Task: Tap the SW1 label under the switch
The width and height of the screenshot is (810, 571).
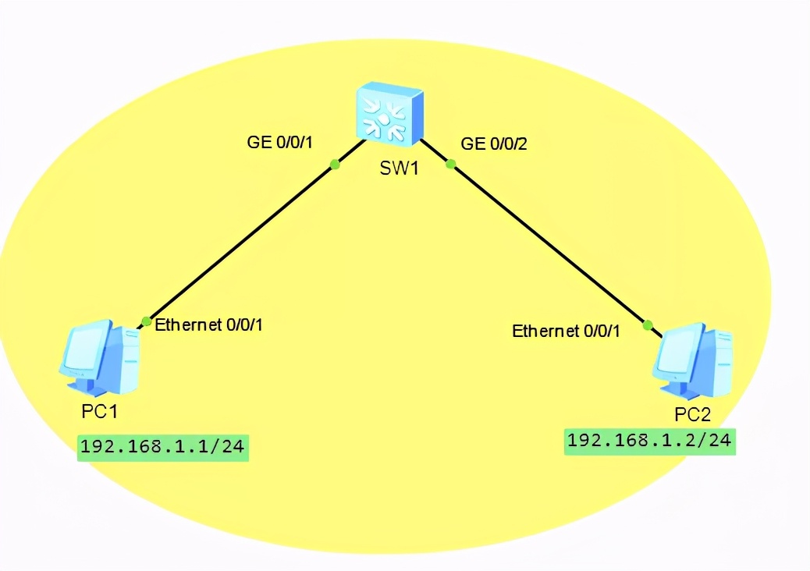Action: tap(400, 168)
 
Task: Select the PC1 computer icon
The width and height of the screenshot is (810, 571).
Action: tap(101, 357)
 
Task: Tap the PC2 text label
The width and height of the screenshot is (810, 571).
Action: tap(692, 414)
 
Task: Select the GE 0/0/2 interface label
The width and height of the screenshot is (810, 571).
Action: tap(495, 144)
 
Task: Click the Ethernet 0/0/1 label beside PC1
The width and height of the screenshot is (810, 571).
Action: tap(208, 325)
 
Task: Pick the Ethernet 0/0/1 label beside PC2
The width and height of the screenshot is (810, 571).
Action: tap(566, 332)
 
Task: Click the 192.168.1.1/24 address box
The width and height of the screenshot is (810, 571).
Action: tap(163, 448)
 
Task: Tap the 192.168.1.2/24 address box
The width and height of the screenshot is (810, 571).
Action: tap(650, 441)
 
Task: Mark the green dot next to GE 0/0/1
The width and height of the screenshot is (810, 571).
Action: tap(335, 164)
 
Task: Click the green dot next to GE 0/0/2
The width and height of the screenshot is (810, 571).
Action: tap(449, 163)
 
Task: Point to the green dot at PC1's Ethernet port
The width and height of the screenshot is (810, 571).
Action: tap(146, 321)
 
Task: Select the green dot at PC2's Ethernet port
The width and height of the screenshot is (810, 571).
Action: tap(647, 325)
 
